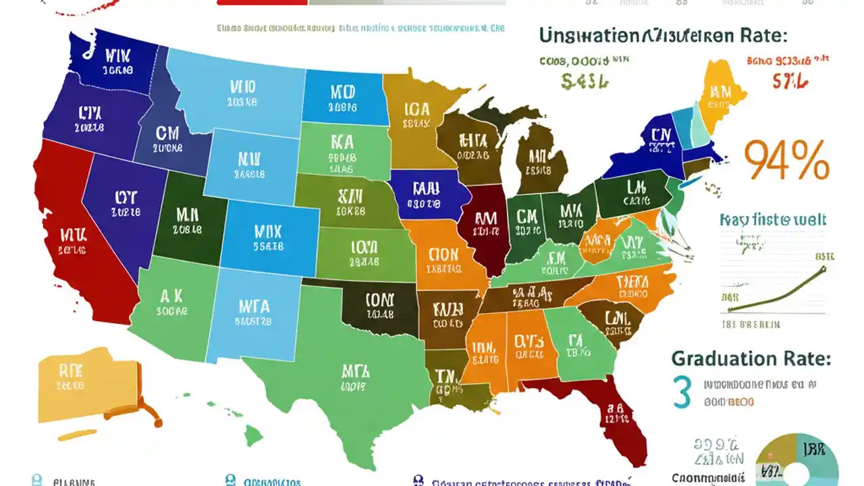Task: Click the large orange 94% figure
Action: [x=786, y=161]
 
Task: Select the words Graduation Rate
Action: [x=751, y=358]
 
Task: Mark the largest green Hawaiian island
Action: [x=253, y=435]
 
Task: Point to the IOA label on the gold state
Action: [x=417, y=109]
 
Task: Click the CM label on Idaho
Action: [x=167, y=132]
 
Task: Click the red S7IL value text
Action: [x=790, y=82]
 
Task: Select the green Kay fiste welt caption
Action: [x=773, y=219]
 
